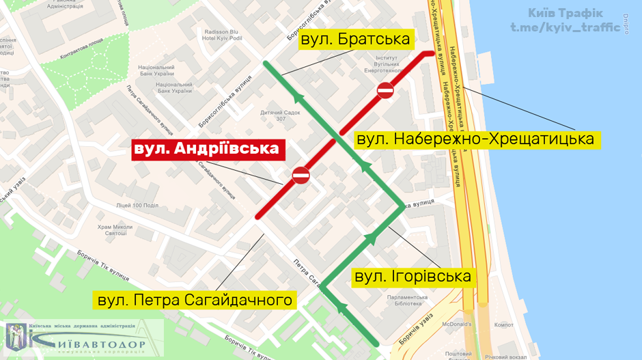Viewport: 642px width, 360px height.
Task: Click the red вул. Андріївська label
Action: [208, 149]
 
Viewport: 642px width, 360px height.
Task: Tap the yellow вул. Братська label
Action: [355, 39]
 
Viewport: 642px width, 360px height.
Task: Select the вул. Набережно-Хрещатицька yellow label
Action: [477, 140]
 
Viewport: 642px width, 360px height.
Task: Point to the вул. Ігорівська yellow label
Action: [412, 276]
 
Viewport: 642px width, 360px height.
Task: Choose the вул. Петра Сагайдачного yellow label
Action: [194, 300]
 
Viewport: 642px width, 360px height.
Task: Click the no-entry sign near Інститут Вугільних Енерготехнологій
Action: [385, 90]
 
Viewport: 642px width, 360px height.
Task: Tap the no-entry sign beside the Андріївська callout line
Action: [301, 176]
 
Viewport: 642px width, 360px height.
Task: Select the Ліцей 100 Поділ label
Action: [137, 205]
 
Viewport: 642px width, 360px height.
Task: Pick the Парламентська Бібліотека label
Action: [407, 301]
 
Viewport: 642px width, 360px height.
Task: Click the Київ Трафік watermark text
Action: [566, 13]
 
